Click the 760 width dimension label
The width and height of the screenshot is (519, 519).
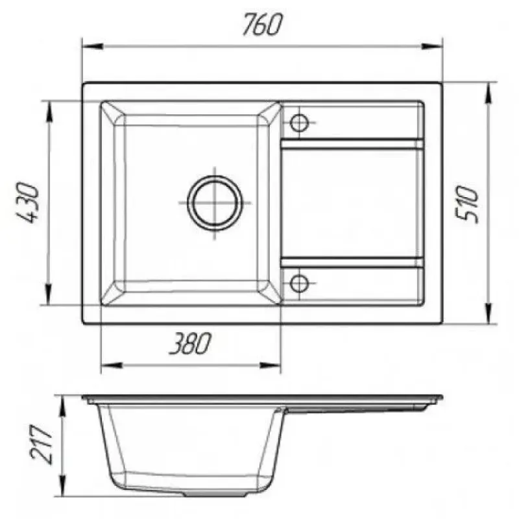[x=263, y=24]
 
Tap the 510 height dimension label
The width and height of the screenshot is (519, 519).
[x=467, y=204]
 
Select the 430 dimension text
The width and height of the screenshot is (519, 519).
[x=28, y=202]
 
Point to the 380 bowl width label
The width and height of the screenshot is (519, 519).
[x=189, y=343]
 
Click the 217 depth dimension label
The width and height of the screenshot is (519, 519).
[x=42, y=444]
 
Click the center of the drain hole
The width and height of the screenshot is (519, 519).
[x=215, y=202]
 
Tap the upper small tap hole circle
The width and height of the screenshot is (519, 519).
[x=299, y=123]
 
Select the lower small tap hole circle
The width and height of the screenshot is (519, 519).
[x=299, y=284]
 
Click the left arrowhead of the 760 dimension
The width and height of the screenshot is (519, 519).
[x=93, y=46]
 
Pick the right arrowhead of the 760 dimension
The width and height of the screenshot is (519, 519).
[x=431, y=46]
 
